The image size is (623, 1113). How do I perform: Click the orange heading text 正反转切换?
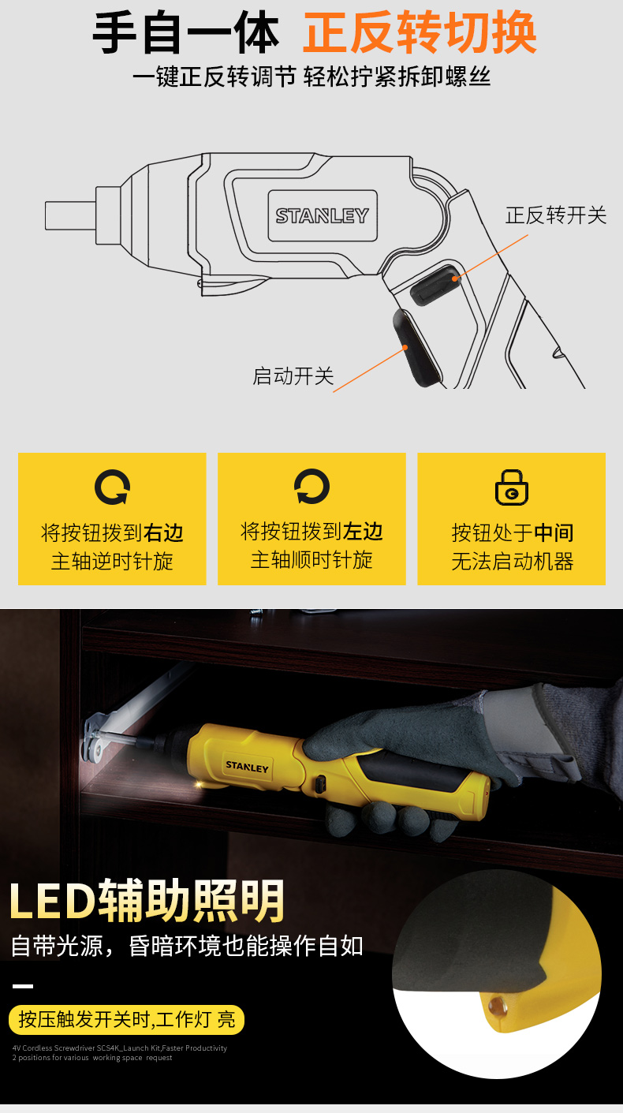(x=420, y=33)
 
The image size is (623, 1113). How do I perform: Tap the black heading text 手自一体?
(x=186, y=33)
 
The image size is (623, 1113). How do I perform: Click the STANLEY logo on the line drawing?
(x=323, y=215)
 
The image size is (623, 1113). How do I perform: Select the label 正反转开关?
(x=556, y=215)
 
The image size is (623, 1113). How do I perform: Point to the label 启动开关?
(x=293, y=376)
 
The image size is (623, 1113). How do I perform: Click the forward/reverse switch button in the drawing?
(x=435, y=286)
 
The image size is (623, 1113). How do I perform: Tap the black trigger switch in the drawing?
(x=416, y=347)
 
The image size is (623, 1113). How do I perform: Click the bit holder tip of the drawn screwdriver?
(x=70, y=215)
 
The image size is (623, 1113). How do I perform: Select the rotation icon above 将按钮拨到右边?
(x=112, y=487)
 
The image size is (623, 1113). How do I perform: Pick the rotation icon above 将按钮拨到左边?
(x=311, y=487)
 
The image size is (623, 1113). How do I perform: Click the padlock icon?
(x=512, y=487)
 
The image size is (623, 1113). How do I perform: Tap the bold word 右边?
(x=163, y=532)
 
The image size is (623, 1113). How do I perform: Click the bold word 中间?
(x=554, y=532)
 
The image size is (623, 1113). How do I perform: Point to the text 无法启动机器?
(x=513, y=562)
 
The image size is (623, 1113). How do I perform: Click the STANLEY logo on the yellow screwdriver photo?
(x=247, y=767)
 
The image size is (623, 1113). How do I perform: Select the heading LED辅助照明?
(x=147, y=901)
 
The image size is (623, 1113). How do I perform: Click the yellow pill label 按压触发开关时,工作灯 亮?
(x=127, y=1020)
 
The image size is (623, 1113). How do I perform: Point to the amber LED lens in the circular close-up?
(x=498, y=1007)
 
